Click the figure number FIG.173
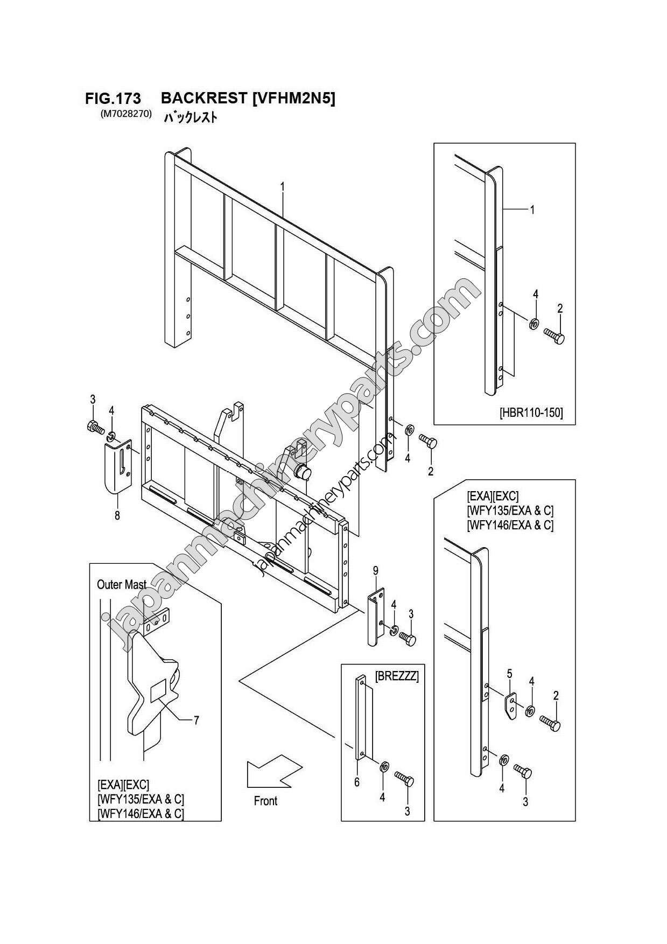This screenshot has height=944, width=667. click(113, 99)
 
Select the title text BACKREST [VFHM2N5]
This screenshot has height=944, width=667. click(248, 98)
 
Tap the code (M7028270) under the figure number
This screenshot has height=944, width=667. click(125, 114)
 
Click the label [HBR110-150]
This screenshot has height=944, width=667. click(531, 413)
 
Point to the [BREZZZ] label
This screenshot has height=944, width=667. click(396, 676)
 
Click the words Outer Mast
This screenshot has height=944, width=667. click(122, 584)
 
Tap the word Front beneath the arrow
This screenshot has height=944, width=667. click(265, 801)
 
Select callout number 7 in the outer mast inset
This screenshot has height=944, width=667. click(196, 719)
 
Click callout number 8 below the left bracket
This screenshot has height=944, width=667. click(117, 515)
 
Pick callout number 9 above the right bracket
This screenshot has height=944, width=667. click(375, 570)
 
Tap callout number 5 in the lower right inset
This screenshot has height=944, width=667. click(509, 673)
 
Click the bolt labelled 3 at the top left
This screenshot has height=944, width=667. click(94, 427)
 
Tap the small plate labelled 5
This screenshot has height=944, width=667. click(511, 705)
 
